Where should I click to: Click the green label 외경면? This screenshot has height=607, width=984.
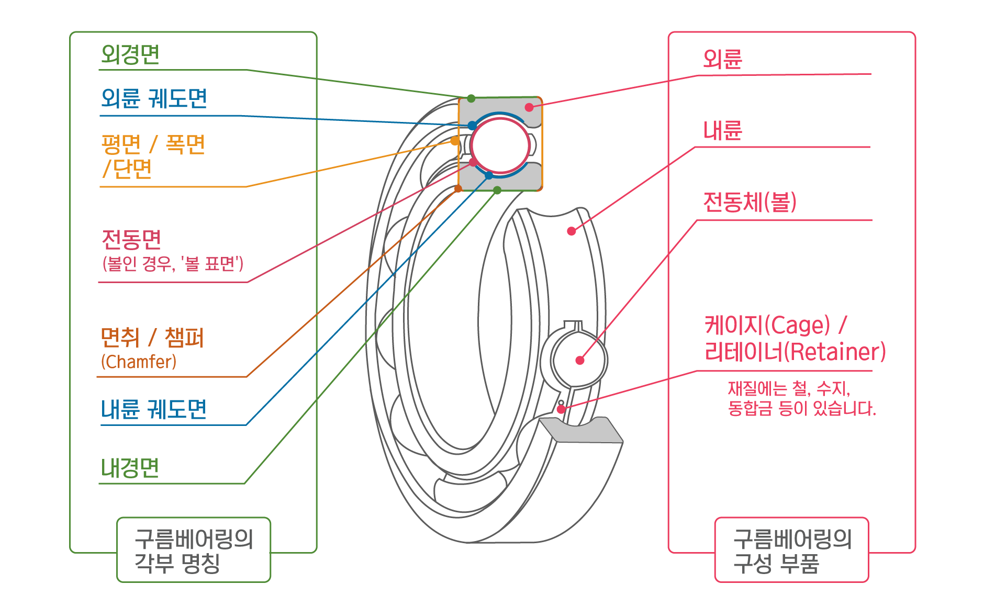(x=133, y=55)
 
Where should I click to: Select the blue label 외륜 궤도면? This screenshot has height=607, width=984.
(x=154, y=98)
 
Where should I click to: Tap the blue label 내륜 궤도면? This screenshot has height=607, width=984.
(x=153, y=409)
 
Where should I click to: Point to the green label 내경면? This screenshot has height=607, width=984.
(x=131, y=468)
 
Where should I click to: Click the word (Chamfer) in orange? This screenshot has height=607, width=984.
(x=139, y=362)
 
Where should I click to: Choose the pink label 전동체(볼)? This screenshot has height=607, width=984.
(x=751, y=202)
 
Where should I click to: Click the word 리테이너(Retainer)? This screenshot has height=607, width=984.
(x=795, y=352)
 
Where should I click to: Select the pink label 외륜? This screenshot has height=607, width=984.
(x=722, y=60)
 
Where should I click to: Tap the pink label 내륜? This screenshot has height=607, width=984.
(x=722, y=131)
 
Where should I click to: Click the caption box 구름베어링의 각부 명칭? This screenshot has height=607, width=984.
(x=194, y=550)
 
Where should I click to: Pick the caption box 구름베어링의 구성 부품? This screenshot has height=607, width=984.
(x=792, y=550)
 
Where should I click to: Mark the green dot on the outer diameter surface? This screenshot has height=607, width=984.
(x=471, y=98)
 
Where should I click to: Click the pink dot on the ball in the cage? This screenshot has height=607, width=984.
(x=579, y=360)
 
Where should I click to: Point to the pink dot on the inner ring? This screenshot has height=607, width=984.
(x=572, y=231)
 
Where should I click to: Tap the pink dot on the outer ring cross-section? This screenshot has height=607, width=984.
(x=529, y=107)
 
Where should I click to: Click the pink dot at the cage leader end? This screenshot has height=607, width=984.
(x=561, y=409)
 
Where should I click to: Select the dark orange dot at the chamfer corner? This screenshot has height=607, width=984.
(x=459, y=188)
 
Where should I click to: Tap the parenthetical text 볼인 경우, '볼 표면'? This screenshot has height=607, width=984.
(x=173, y=264)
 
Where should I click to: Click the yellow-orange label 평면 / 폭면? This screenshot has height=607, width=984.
(x=154, y=145)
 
